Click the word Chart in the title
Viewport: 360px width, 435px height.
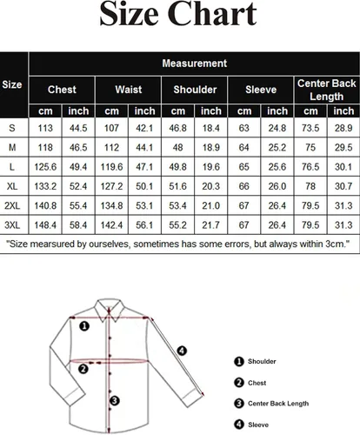click(212, 15)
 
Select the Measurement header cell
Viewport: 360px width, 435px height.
click(194, 64)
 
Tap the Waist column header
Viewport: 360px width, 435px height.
click(129, 90)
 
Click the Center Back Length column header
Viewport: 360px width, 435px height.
click(327, 90)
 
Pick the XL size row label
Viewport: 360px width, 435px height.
click(12, 186)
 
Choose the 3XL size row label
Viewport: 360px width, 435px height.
click(12, 225)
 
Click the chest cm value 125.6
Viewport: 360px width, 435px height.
click(45, 167)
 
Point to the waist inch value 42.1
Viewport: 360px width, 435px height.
click(144, 128)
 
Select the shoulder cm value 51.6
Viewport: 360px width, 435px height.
click(177, 186)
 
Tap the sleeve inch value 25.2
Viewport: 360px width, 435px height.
click(277, 148)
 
